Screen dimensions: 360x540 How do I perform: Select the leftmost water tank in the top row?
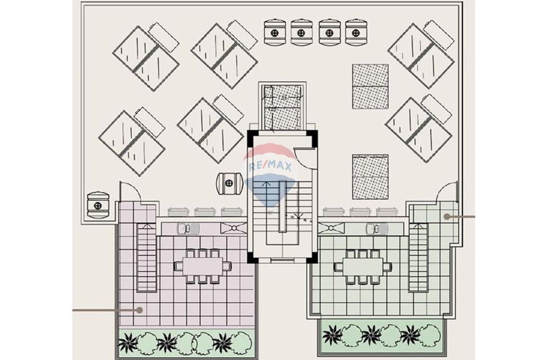(274, 32)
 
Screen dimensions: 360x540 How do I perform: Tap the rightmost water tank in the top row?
(355, 32)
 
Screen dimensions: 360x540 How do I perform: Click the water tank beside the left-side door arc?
(98, 205)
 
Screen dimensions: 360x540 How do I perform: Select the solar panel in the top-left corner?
(146, 56)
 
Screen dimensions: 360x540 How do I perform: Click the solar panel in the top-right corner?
(421, 56)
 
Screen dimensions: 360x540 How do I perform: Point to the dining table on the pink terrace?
(202, 266)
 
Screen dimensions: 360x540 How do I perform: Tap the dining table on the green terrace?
(360, 266)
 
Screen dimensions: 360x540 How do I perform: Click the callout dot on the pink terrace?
(139, 310)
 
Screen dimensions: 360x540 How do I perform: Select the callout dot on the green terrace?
(447, 216)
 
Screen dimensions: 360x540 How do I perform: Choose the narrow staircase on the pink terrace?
(145, 257)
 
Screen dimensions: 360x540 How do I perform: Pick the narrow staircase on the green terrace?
(418, 257)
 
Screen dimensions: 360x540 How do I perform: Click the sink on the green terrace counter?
(373, 229)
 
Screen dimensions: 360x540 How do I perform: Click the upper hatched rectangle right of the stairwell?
(370, 86)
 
